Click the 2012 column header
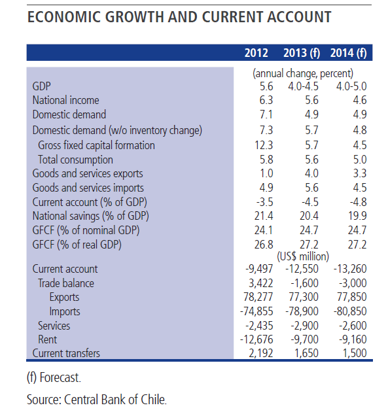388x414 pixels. [256, 53]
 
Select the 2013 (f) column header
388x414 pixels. [302, 53]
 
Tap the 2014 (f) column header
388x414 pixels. [348, 53]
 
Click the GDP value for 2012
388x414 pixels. [266, 86]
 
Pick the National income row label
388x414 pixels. [66, 100]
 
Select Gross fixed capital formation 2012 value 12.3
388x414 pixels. [264, 145]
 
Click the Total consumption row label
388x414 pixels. [75, 160]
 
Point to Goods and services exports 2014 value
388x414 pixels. [359, 173]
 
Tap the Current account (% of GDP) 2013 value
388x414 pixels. [310, 202]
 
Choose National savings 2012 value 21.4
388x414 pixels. [264, 216]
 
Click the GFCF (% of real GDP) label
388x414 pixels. [77, 245]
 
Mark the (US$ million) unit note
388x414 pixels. [303, 256]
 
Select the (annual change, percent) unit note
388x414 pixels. [303, 73]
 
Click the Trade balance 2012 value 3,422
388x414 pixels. [260, 283]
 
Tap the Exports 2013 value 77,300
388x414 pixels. [304, 297]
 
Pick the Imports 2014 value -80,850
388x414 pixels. [350, 311]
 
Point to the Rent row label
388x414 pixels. [47, 339]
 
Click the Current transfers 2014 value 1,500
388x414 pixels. [355, 353]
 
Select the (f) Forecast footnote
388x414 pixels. [54, 377]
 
